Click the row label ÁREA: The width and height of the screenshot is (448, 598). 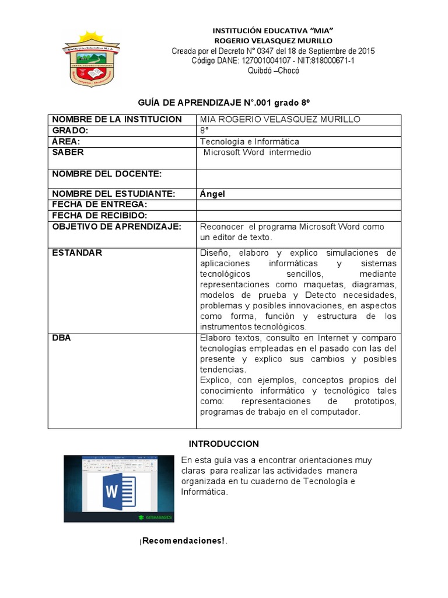(x=66, y=141)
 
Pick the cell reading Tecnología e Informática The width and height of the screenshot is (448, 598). (x=249, y=141)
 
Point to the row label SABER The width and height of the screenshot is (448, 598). (x=68, y=152)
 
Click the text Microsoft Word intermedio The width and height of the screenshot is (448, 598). (x=257, y=152)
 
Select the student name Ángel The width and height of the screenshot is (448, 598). (x=212, y=194)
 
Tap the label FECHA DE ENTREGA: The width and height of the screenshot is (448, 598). (x=99, y=204)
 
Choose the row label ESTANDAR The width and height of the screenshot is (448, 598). (x=77, y=253)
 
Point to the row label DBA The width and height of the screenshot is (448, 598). (x=61, y=338)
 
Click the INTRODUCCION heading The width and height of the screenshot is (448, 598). (x=224, y=444)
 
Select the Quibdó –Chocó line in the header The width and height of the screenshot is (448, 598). (x=273, y=70)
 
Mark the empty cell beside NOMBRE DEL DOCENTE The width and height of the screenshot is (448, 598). (x=298, y=178)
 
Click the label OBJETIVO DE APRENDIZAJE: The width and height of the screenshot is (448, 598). (x=117, y=227)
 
